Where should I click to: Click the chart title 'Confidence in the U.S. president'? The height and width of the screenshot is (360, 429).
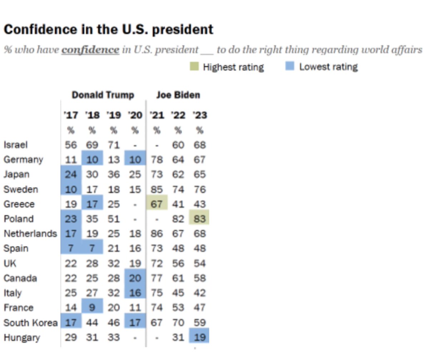tap(108, 29)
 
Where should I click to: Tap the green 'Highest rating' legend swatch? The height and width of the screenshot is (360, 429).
tap(193, 66)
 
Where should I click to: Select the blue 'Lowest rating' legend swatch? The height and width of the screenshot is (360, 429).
tap(290, 66)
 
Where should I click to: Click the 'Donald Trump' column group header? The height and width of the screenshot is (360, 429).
tap(103, 95)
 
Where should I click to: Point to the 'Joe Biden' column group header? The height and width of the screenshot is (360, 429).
tap(178, 95)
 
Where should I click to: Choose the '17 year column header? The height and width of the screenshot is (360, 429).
tap(71, 115)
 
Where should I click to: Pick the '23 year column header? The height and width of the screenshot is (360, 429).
tap(199, 115)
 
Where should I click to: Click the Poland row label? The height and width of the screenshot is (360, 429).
tap(19, 219)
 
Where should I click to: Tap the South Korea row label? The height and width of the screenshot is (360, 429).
tap(30, 323)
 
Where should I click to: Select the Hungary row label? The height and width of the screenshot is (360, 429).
tap(22, 337)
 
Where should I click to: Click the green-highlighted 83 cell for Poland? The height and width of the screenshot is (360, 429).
tap(199, 219)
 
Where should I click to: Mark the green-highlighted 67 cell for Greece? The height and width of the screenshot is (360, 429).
tap(157, 204)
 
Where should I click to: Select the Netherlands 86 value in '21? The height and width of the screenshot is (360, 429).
tap(157, 234)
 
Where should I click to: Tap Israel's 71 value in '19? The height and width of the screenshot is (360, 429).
tap(114, 145)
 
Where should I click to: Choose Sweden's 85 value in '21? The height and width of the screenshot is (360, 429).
tap(157, 189)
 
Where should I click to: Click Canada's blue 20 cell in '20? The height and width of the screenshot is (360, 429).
tap(135, 278)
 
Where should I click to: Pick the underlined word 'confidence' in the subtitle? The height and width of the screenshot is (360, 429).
tap(90, 50)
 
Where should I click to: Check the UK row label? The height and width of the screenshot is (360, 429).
tap(10, 263)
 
